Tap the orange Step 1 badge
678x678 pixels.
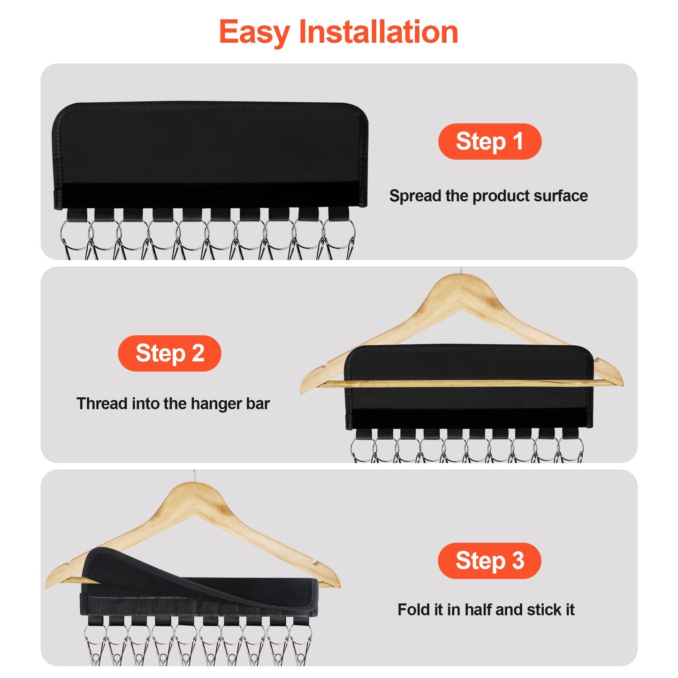pos(489,141)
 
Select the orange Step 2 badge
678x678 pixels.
pos(169,353)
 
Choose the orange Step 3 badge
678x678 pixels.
pos(489,561)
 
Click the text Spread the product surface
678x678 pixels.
pos(488,196)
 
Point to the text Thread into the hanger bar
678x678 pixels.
pos(173,404)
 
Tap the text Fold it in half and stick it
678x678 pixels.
pos(486,609)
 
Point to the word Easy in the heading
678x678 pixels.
pos(254,33)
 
